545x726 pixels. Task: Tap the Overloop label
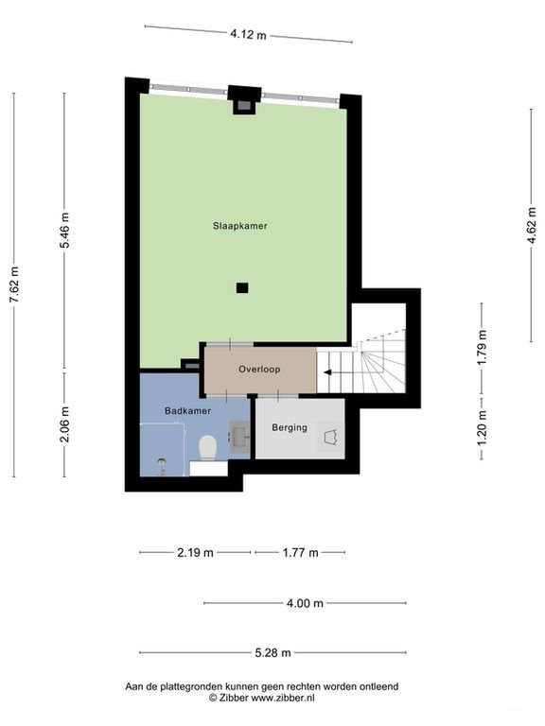258,369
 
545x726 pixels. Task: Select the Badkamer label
186,411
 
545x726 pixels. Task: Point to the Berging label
290,428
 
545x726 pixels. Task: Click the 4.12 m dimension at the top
248,34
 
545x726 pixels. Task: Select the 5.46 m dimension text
64,228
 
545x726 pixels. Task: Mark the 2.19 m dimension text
195,552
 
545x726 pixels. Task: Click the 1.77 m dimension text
299,552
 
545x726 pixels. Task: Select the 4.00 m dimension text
305,603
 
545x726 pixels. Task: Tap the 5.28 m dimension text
272,652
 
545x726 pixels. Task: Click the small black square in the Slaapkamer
242,288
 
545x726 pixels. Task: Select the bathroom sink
239,436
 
